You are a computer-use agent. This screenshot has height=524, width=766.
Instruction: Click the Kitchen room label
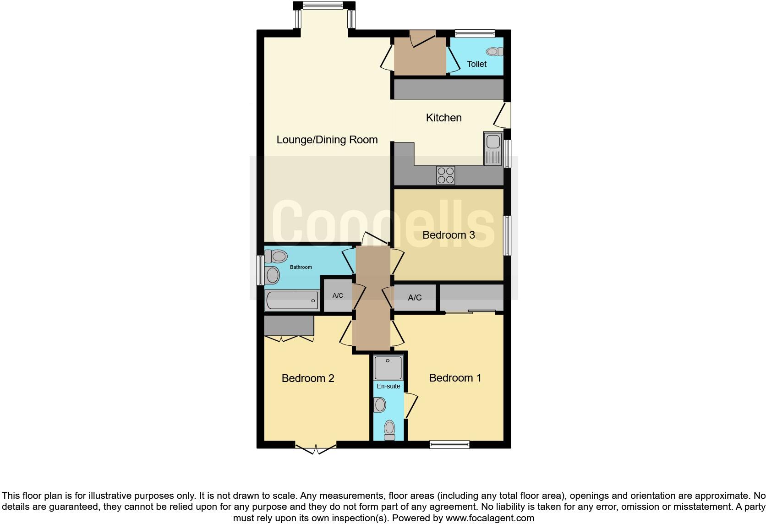[x=443, y=118]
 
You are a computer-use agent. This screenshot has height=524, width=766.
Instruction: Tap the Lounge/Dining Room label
[x=327, y=140]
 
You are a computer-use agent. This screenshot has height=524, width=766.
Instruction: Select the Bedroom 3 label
[x=449, y=235]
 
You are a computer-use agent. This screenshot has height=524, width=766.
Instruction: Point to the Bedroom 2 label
[x=308, y=378]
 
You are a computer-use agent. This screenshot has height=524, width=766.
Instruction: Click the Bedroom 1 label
[x=455, y=378]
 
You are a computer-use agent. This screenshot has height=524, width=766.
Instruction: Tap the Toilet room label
[x=476, y=64]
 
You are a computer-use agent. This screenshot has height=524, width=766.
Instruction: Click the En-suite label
[x=388, y=386]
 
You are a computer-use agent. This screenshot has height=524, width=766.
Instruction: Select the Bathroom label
[x=301, y=267]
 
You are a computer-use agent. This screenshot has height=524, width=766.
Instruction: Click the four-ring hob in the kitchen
[x=446, y=175]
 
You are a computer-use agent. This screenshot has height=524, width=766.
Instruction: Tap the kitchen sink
[x=493, y=148]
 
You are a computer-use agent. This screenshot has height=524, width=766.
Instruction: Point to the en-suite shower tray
[x=388, y=368]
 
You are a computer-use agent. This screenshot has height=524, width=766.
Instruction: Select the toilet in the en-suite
[x=389, y=430]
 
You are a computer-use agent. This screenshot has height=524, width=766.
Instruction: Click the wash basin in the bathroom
[x=273, y=276]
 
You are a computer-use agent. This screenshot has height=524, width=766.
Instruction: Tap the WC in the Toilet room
[x=494, y=52]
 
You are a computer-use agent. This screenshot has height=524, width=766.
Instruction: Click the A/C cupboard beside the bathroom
[x=338, y=295]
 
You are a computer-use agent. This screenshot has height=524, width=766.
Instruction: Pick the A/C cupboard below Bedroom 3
[x=415, y=298]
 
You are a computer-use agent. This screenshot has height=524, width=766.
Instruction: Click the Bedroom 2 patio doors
[x=316, y=448]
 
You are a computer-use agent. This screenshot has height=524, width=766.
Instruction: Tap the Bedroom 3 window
[x=507, y=235]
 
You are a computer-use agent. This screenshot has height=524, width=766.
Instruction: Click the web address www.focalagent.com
[x=490, y=519]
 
